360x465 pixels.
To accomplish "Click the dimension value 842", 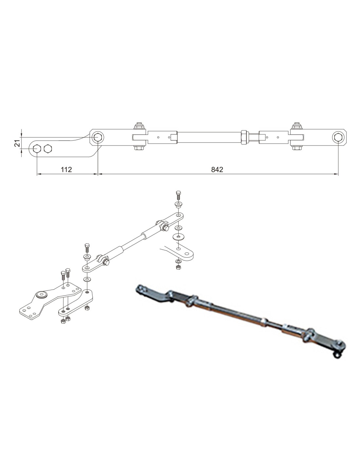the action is click(x=217, y=169).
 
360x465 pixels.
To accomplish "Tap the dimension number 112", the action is click(x=66, y=169).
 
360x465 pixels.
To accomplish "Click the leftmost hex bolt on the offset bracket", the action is click(x=37, y=148).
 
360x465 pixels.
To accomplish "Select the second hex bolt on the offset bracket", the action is click(x=48, y=148).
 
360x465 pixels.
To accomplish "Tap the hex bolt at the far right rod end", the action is click(x=338, y=137).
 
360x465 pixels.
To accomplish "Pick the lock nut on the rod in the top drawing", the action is click(x=244, y=137).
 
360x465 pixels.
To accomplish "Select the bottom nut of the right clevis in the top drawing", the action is click(x=296, y=148).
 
